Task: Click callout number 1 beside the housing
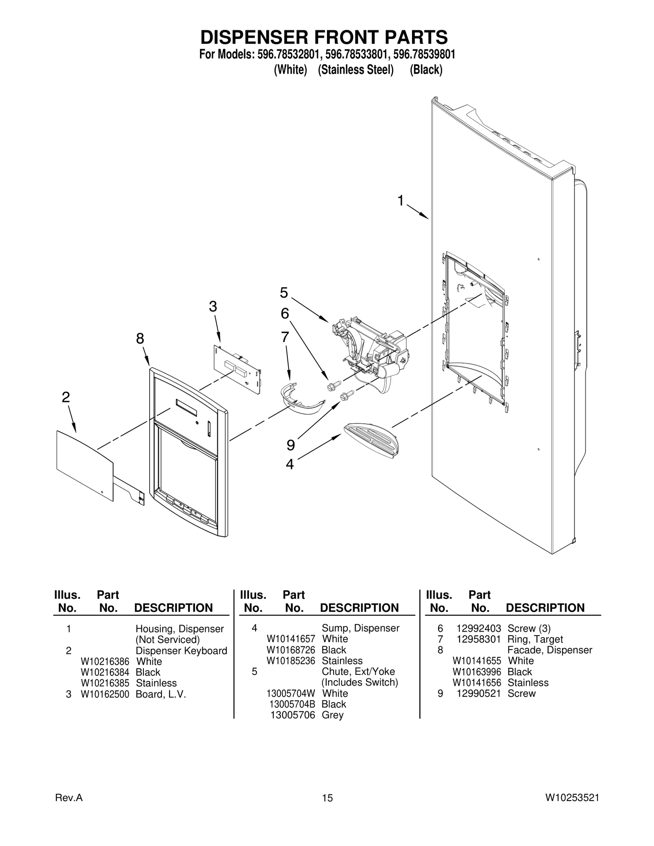click(401, 201)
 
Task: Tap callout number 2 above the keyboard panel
click(66, 397)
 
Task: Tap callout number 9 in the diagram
click(291, 445)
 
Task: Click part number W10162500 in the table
click(105, 694)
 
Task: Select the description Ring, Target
click(535, 639)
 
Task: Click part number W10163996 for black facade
click(477, 672)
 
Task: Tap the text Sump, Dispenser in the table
click(360, 628)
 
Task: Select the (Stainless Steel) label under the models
click(356, 70)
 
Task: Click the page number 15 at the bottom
click(327, 798)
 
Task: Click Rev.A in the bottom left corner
click(69, 798)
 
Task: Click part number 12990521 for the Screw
click(478, 693)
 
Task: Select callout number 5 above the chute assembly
click(284, 292)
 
